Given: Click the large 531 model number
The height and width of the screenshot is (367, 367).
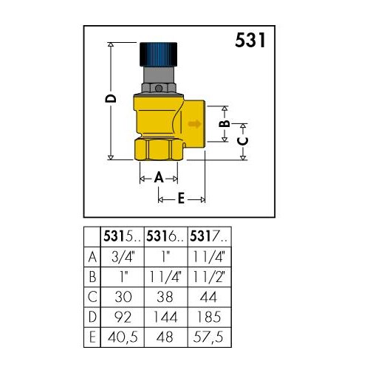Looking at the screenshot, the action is [250, 40].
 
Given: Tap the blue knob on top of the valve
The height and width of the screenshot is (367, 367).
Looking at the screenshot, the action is [158, 55].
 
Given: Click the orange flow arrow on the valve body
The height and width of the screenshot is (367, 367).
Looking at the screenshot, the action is [194, 123].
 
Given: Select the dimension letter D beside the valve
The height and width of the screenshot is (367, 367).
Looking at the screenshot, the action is [111, 98].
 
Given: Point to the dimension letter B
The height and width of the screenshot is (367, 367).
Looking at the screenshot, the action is [224, 124].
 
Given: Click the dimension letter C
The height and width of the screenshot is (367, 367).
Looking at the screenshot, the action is [243, 142].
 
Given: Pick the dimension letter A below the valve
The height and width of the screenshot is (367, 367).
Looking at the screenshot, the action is [159, 177].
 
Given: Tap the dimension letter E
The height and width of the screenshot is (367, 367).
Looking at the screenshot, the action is [181, 198].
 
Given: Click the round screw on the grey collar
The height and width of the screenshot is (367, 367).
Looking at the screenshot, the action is [159, 88].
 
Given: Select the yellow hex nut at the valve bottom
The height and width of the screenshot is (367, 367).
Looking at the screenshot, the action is [159, 150].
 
